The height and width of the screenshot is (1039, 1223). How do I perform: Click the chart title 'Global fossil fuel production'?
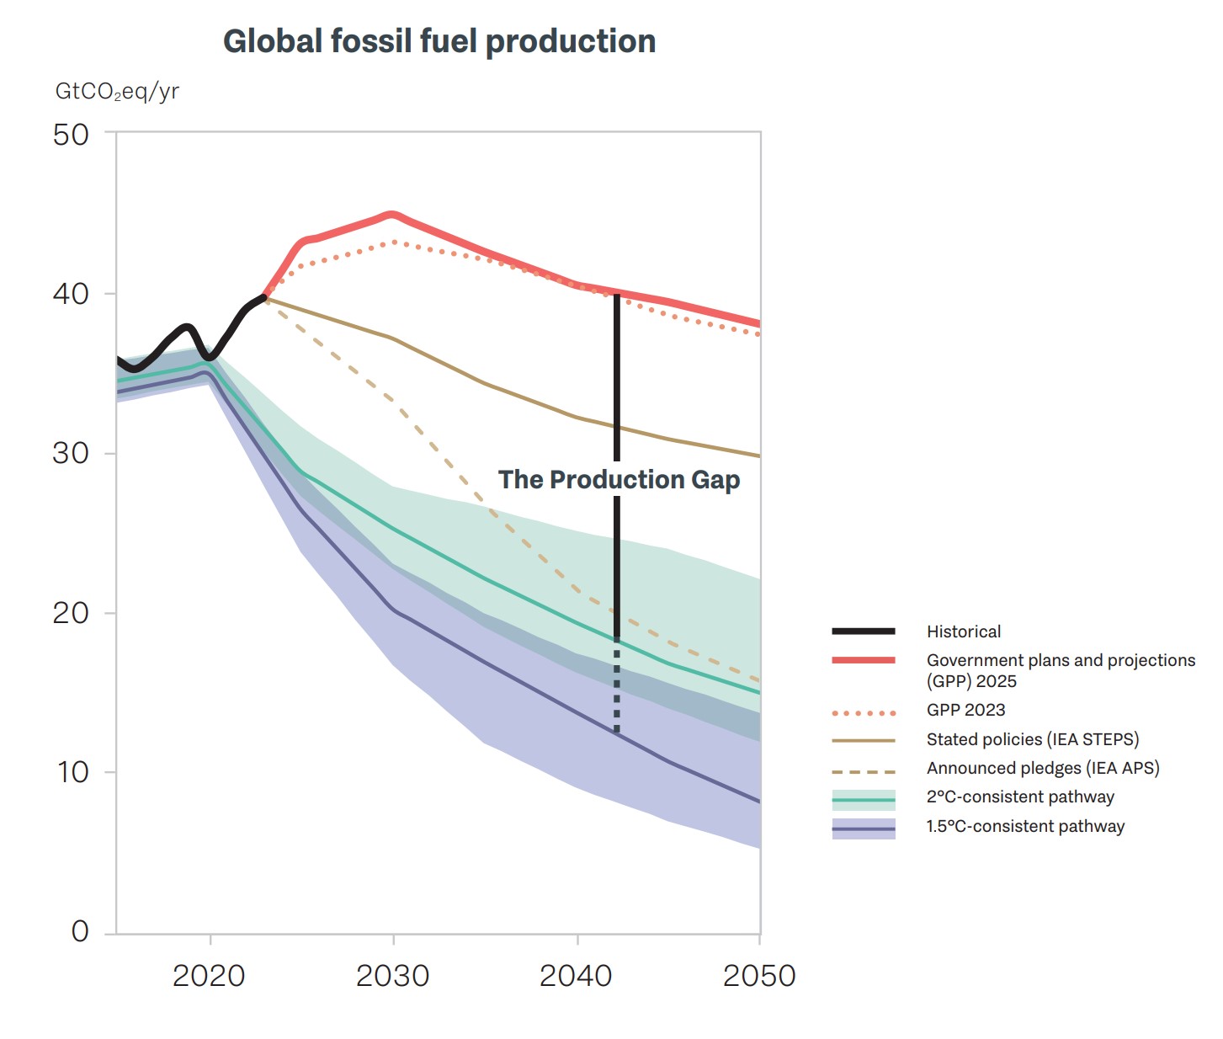coord(439,41)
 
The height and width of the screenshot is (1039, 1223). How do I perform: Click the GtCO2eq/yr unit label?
coord(117,91)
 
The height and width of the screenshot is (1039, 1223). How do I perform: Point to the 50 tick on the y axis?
coord(71,135)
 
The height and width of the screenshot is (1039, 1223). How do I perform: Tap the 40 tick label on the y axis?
coord(71,294)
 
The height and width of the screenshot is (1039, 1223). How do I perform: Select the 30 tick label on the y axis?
coord(71,453)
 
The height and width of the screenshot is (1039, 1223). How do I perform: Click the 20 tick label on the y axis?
coord(71,613)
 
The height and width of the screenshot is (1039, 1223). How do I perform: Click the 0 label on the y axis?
coord(80,931)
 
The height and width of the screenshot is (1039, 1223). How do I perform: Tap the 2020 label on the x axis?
coord(209,976)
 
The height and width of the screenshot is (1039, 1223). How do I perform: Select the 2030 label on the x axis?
coord(392,976)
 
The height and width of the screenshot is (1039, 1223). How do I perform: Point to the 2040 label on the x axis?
coord(576,976)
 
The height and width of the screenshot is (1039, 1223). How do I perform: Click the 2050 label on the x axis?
coord(759,976)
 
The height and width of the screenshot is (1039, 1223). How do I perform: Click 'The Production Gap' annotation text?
coord(619,479)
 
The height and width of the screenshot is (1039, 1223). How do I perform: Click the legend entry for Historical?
coord(964,631)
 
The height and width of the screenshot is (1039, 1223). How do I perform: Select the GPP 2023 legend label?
coord(965,710)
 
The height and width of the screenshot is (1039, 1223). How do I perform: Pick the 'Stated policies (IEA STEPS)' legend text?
coord(1032,739)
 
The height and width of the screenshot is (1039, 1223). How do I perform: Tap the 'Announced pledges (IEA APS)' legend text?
coord(1043,768)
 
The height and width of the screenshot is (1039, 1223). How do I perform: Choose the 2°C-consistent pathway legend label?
coord(1020,797)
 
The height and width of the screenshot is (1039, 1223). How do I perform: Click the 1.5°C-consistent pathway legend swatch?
coord(864,829)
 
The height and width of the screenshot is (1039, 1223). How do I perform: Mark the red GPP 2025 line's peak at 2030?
coord(392,215)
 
